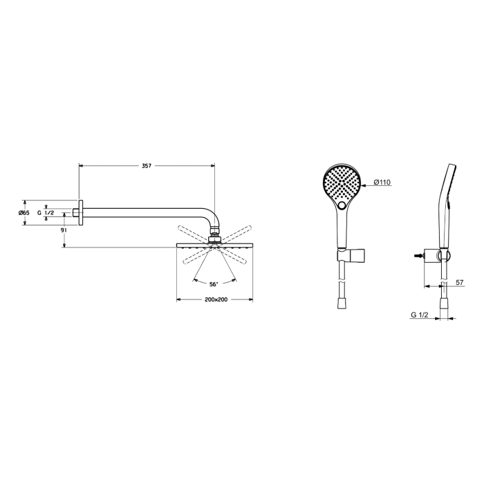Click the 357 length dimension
click(146, 166)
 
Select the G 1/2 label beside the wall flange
click(46, 213)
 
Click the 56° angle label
click(213, 283)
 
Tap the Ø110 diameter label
click(382, 183)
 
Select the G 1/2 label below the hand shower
click(419, 315)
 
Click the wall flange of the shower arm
click(81, 212)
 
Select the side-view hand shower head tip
click(451, 169)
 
